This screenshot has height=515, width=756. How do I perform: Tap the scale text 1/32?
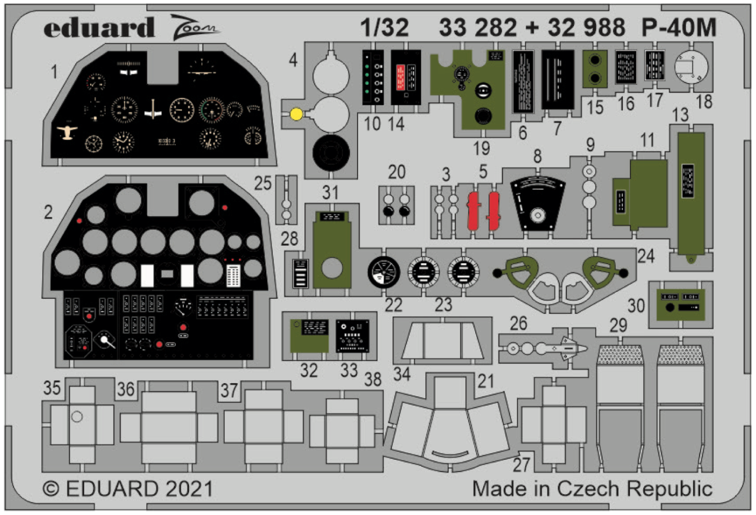pos(384,27)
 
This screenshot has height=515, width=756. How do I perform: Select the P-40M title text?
pos(679,27)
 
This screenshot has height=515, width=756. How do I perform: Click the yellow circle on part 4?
pos(295,114)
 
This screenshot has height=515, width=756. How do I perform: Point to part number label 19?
pos(482,148)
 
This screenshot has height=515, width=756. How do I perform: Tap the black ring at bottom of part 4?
pos(331,154)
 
